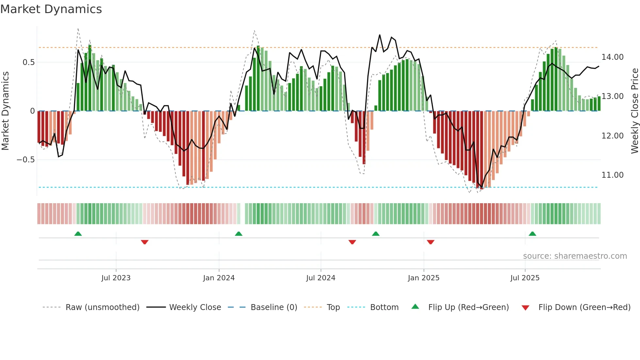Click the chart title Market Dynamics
pyautogui.click(x=51, y=9)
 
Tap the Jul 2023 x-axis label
pyautogui.click(x=116, y=278)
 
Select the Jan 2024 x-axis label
pyautogui.click(x=219, y=278)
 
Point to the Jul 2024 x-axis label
pyautogui.click(x=321, y=278)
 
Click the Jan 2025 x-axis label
pyautogui.click(x=424, y=278)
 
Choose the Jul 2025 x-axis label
pyautogui.click(x=525, y=278)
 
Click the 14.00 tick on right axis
pyautogui.click(x=613, y=57)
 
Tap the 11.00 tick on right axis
pyautogui.click(x=613, y=175)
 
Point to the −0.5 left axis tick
pyautogui.click(x=25, y=160)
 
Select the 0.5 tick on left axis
pyautogui.click(x=28, y=62)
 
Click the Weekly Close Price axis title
pyautogui.click(x=634, y=111)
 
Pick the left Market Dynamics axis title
pyautogui.click(x=6, y=111)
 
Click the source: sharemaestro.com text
pyautogui.click(x=575, y=256)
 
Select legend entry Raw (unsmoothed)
pyautogui.click(x=102, y=307)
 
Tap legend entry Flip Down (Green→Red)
pyautogui.click(x=584, y=307)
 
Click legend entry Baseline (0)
pyautogui.click(x=274, y=307)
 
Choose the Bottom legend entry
pyautogui.click(x=384, y=307)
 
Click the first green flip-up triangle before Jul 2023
pyautogui.click(x=78, y=234)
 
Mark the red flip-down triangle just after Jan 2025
pyautogui.click(x=430, y=242)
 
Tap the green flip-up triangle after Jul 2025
pyautogui.click(x=532, y=234)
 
